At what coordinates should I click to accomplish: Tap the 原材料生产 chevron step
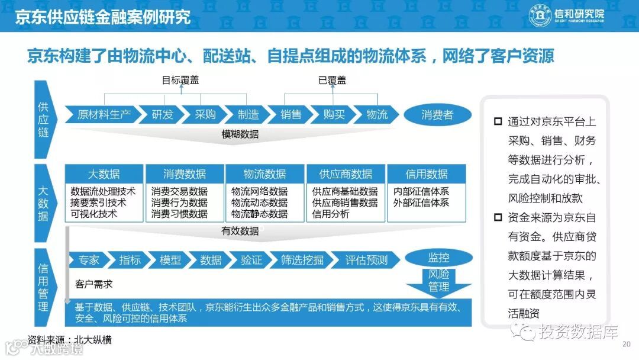point(104,114)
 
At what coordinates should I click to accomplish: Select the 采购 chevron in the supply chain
point(205,114)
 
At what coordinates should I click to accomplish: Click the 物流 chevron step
point(376,114)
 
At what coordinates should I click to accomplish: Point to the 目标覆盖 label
point(180,80)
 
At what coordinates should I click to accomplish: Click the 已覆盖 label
point(332,80)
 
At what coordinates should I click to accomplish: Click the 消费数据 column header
point(185,174)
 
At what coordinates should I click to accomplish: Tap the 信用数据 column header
point(426,174)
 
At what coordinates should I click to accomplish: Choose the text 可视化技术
point(93,214)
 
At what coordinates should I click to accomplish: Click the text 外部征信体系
point(421,202)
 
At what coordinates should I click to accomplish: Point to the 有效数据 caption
point(240,231)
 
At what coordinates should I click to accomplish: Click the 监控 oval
point(438,258)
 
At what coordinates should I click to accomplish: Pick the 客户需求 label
point(93,284)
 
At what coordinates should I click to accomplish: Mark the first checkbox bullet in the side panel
point(498,122)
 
